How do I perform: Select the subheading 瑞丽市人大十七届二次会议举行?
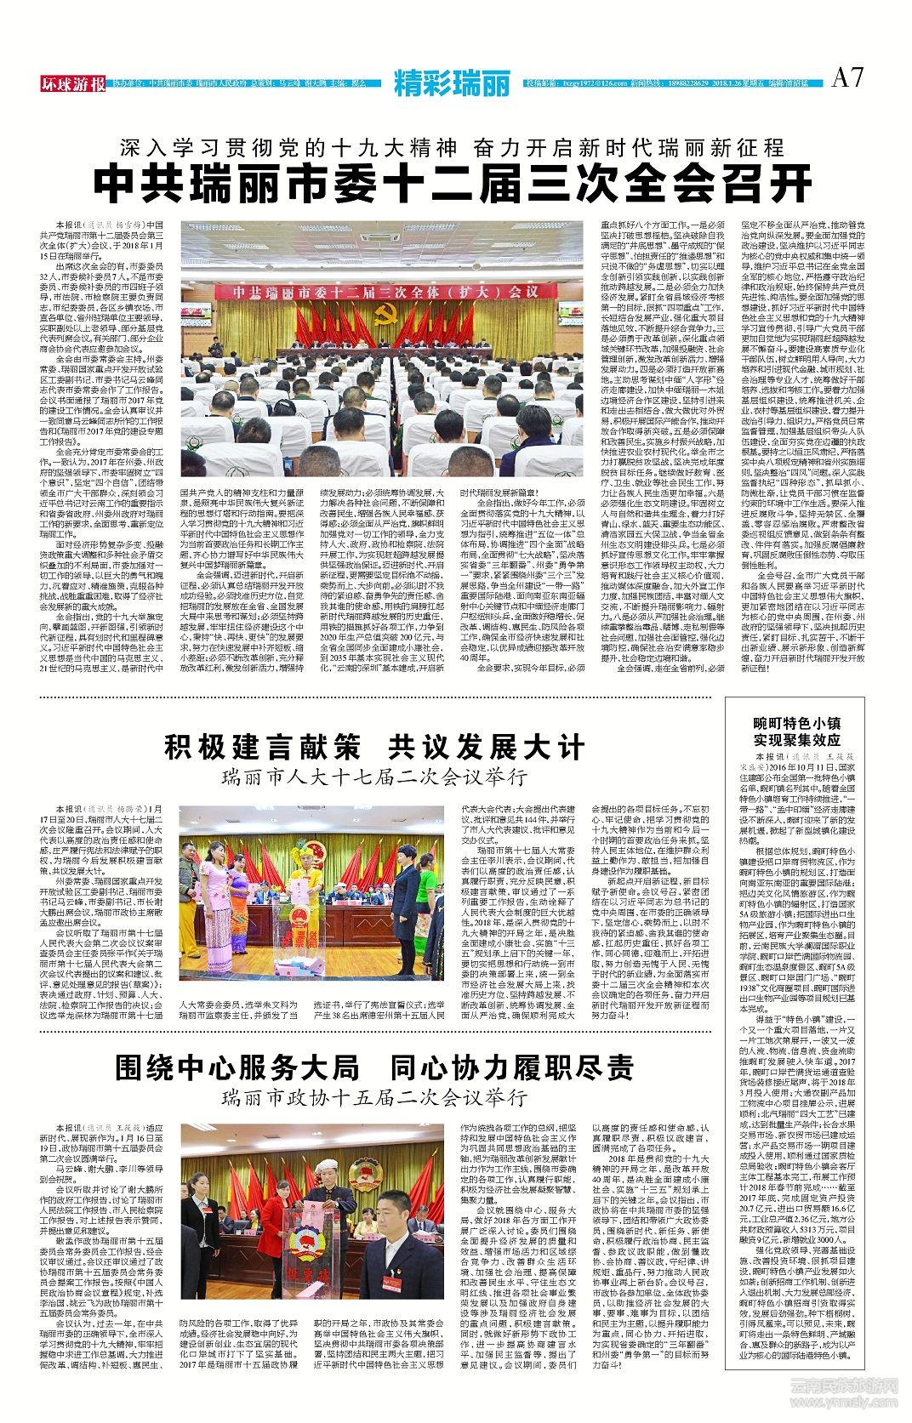point(373,777)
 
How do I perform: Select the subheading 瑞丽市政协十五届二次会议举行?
point(373,1096)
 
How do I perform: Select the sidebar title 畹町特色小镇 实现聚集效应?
point(796,731)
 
